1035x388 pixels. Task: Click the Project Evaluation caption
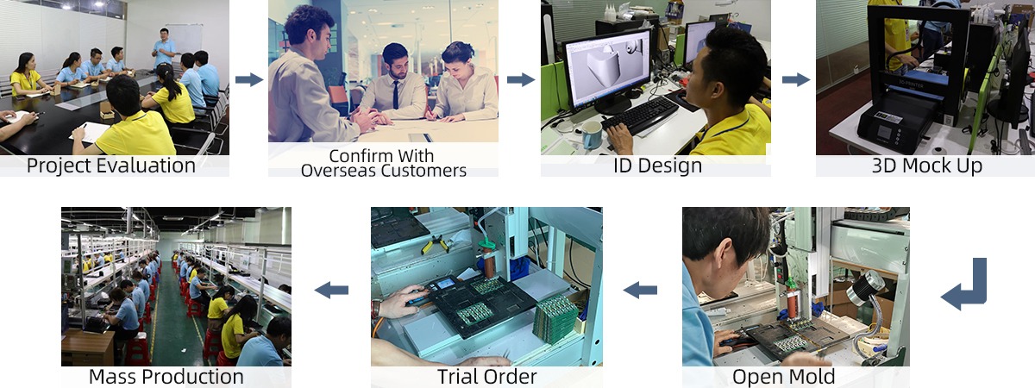click(110, 166)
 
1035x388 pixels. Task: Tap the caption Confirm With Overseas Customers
click(383, 163)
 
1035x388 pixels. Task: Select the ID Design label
click(656, 166)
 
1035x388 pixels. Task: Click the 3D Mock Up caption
click(926, 166)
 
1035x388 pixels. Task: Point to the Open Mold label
click(783, 377)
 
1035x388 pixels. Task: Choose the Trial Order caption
click(486, 377)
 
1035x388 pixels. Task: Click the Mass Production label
click(166, 377)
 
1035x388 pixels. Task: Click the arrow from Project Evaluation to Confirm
click(249, 80)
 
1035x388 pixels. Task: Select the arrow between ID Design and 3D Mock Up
click(796, 80)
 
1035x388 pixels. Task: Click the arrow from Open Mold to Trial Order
click(640, 291)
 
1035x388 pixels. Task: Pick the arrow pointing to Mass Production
click(331, 291)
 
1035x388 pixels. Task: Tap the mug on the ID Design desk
click(592, 134)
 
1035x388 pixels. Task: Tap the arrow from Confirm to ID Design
click(520, 80)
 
